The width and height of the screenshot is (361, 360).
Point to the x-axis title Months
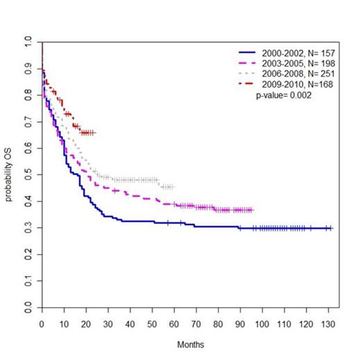point(187,344)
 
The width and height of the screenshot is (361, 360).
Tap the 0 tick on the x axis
point(42,322)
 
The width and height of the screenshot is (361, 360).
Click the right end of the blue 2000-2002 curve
point(332,228)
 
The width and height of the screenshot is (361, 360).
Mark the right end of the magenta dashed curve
point(252,209)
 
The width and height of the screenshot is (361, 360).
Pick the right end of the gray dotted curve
point(172,187)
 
